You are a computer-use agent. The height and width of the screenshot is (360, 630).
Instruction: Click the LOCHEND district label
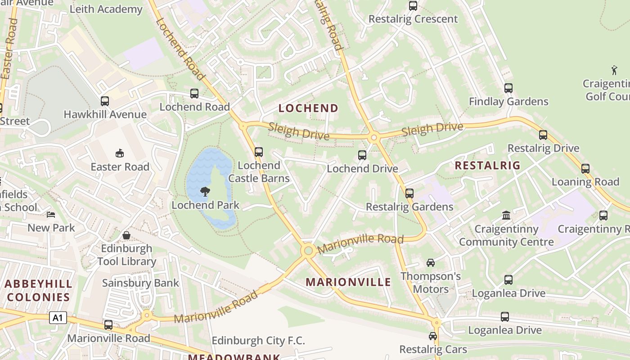click(x=308, y=108)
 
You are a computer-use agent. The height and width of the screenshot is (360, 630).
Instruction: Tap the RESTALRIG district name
click(x=487, y=165)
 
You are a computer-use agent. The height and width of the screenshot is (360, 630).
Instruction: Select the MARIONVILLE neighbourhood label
click(x=348, y=282)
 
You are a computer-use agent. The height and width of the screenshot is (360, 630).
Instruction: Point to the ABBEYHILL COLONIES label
click(x=39, y=290)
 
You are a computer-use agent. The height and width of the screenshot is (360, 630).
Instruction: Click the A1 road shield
click(x=58, y=318)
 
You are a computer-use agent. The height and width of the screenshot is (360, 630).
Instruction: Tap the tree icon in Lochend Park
click(x=205, y=192)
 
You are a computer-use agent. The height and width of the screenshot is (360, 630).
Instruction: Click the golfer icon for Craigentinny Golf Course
click(x=614, y=70)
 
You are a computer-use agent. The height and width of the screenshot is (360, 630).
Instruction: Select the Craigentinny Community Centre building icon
click(x=506, y=216)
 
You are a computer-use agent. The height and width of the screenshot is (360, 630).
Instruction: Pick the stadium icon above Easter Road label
click(x=120, y=153)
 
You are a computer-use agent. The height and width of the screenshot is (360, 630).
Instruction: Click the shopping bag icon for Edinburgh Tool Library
click(x=126, y=235)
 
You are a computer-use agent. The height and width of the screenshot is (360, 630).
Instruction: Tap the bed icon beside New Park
click(x=51, y=215)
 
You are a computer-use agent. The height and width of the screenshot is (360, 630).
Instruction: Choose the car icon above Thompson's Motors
click(x=430, y=263)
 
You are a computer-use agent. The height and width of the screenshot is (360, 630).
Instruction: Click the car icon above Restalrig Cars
click(x=432, y=336)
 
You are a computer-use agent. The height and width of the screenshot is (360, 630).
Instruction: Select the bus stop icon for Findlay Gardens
click(x=508, y=88)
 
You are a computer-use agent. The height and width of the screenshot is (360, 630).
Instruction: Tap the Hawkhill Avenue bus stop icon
click(x=105, y=101)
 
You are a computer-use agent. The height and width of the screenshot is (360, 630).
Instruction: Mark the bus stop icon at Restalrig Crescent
click(x=413, y=6)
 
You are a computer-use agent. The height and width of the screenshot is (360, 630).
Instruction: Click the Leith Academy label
click(x=106, y=9)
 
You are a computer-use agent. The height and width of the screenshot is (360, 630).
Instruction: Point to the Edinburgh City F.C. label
click(x=258, y=341)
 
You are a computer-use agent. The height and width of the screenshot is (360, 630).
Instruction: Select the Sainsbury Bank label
click(x=140, y=283)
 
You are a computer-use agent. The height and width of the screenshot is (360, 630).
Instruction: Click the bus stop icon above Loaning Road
click(x=585, y=169)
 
